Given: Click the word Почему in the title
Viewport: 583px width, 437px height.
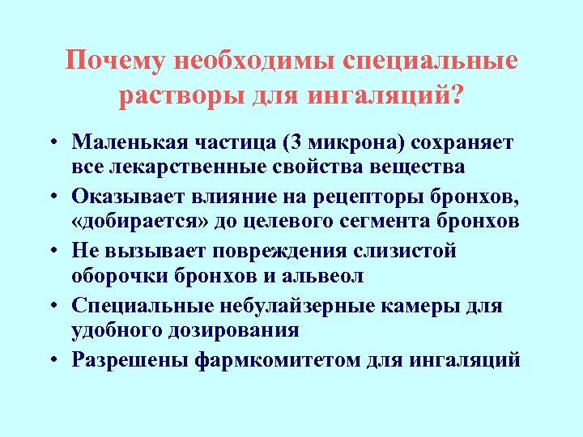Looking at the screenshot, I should (x=118, y=62).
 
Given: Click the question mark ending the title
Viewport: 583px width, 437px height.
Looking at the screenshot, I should (x=459, y=96).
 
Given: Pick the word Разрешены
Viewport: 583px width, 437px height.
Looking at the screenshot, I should (x=130, y=360).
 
